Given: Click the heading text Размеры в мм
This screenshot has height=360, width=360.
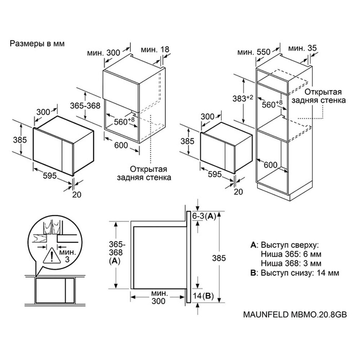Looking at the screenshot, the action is click(37, 44).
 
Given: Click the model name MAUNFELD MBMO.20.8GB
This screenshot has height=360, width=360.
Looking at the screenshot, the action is click(295, 314).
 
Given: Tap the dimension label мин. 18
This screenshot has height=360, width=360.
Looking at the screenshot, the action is click(155, 49).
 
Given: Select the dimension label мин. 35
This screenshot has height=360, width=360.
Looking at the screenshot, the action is click(302, 49).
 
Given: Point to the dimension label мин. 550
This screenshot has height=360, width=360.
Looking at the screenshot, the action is click(254, 52).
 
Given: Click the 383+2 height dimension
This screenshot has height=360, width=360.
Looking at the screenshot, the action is click(243, 98).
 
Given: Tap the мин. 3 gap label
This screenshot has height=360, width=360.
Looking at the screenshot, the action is click(67, 256).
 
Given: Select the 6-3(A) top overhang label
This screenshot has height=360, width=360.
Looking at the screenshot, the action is click(204, 216).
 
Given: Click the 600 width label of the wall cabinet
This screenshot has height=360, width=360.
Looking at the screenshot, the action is click(121, 145).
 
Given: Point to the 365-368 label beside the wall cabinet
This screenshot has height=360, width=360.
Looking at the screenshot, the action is click(85, 105).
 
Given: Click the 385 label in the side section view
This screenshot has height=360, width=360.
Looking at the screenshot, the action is click(219, 258).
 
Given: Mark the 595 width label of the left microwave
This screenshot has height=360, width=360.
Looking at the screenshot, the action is click(50, 176).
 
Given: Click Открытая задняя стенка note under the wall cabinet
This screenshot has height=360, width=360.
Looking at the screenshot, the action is click(144, 174).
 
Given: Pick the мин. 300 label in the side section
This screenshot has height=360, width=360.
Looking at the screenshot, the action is click(159, 297).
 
